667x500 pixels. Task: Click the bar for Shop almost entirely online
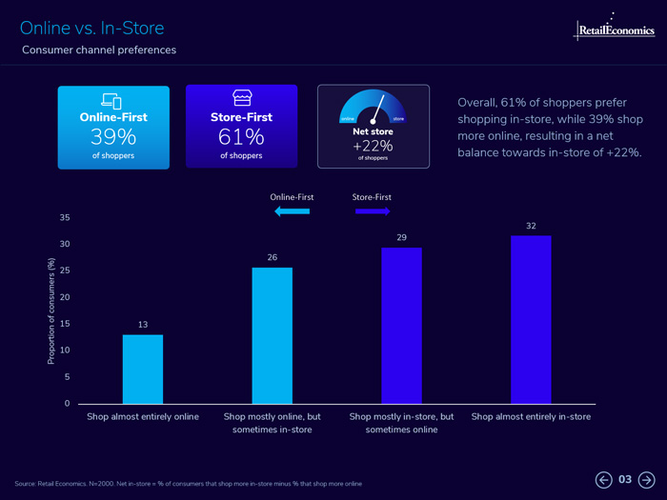pos(143,369)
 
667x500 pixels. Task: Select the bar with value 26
pos(273,335)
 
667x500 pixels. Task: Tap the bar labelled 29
pos(401,325)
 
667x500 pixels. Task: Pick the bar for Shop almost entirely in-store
pos(531,319)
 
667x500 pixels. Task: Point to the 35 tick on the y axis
pos(65,218)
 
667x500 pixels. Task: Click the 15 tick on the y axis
pos(65,324)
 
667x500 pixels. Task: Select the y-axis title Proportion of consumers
pos(52,310)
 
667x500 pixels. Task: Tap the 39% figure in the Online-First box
pos(113,137)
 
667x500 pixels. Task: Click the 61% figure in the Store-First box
pos(242,137)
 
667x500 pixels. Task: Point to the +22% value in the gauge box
pos(374,145)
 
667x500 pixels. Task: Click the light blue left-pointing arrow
pos(292,211)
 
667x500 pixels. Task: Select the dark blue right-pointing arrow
pos(373,211)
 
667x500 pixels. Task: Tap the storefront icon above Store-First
pos(242,99)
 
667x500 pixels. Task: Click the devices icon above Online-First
pos(112,100)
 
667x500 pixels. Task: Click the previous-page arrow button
pos(603,479)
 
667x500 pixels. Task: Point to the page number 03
pos(625,479)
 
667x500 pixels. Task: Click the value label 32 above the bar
pos(531,227)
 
